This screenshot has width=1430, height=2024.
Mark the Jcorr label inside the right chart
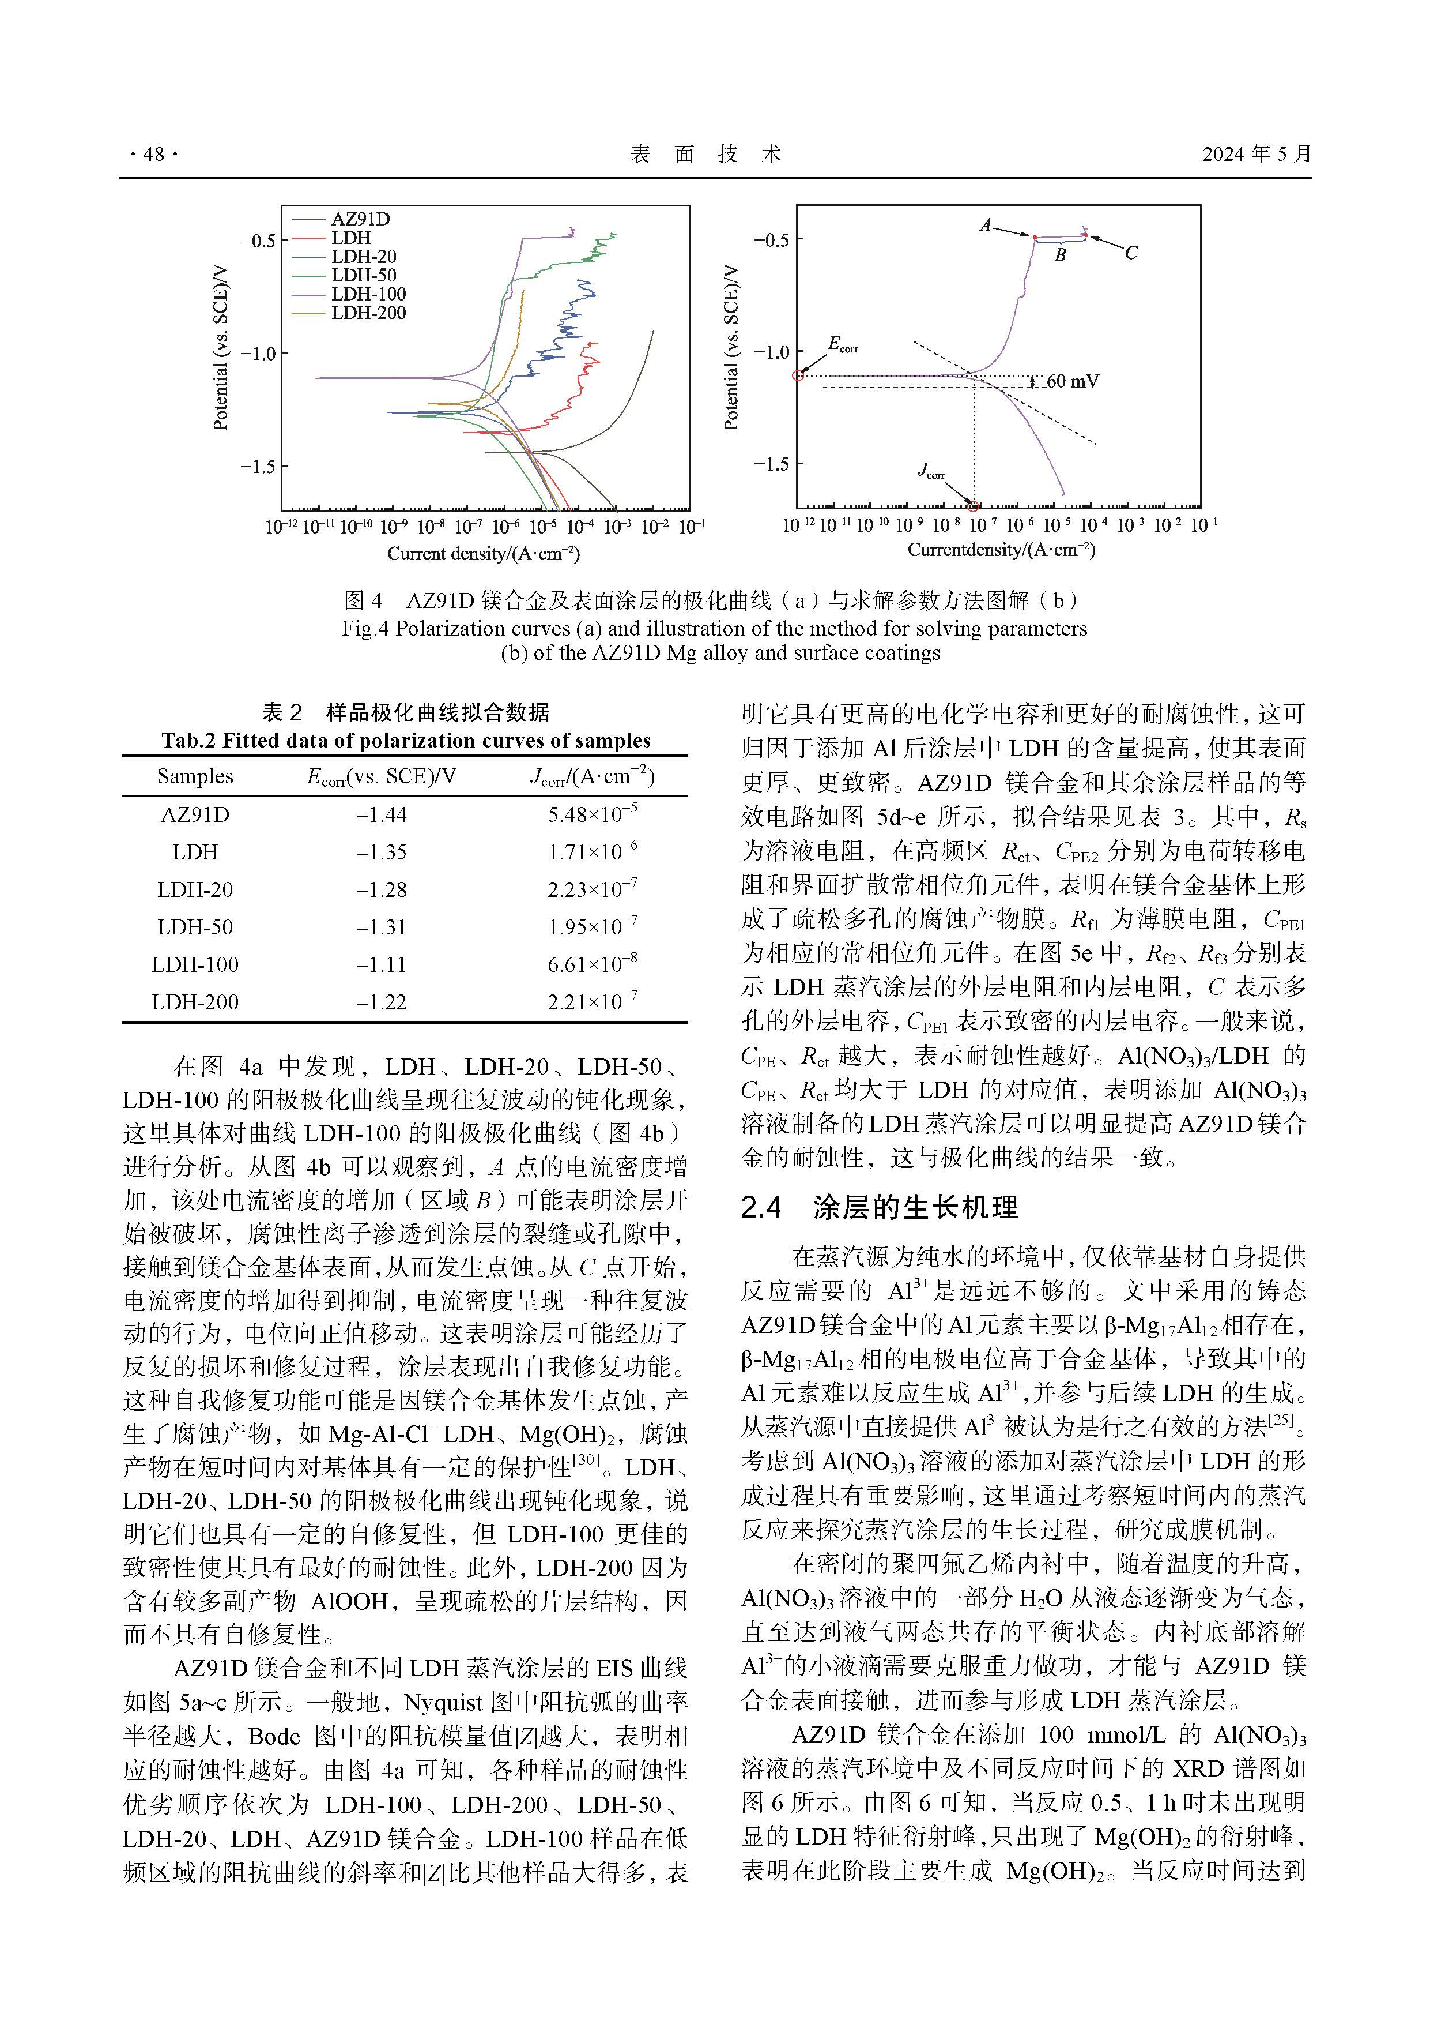click(x=930, y=472)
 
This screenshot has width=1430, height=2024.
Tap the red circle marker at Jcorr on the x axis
click(x=973, y=506)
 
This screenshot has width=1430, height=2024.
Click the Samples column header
click(x=195, y=776)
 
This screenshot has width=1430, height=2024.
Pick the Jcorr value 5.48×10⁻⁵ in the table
click(x=592, y=814)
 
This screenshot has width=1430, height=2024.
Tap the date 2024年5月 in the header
click(x=1255, y=154)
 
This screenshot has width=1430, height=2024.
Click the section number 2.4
click(x=761, y=1208)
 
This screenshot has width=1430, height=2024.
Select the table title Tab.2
click(x=405, y=741)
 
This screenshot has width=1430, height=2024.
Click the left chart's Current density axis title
click(x=483, y=554)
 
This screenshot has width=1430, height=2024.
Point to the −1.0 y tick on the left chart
click(x=258, y=354)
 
